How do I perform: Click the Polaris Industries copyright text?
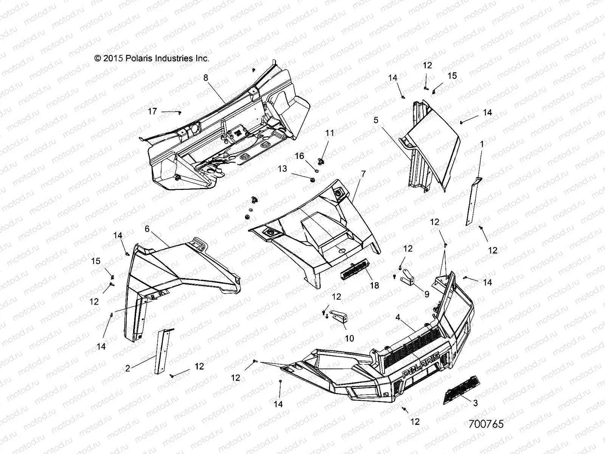tap(151, 59)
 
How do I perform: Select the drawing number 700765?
tap(486, 424)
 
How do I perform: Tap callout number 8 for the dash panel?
tap(206, 78)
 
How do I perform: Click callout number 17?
tap(152, 112)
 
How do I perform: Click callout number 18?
tap(374, 286)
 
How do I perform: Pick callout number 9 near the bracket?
tap(427, 294)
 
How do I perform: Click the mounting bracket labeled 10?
tap(339, 316)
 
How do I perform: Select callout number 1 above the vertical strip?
tap(482, 144)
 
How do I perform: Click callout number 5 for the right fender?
tap(375, 120)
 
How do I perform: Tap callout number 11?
tap(330, 133)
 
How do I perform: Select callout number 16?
tap(299, 156)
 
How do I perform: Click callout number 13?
tap(282, 168)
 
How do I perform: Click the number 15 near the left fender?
tap(96, 261)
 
